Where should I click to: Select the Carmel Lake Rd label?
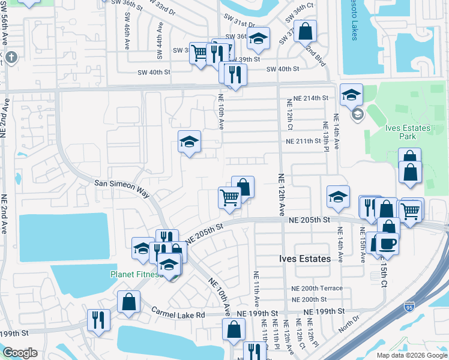178,313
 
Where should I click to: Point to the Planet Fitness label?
134,274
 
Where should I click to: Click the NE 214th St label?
307,98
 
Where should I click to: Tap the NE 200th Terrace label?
315,289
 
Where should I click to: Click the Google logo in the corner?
20,353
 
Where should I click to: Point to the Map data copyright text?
411,355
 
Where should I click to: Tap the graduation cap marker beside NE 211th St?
189,143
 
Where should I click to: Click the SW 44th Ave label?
160,41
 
